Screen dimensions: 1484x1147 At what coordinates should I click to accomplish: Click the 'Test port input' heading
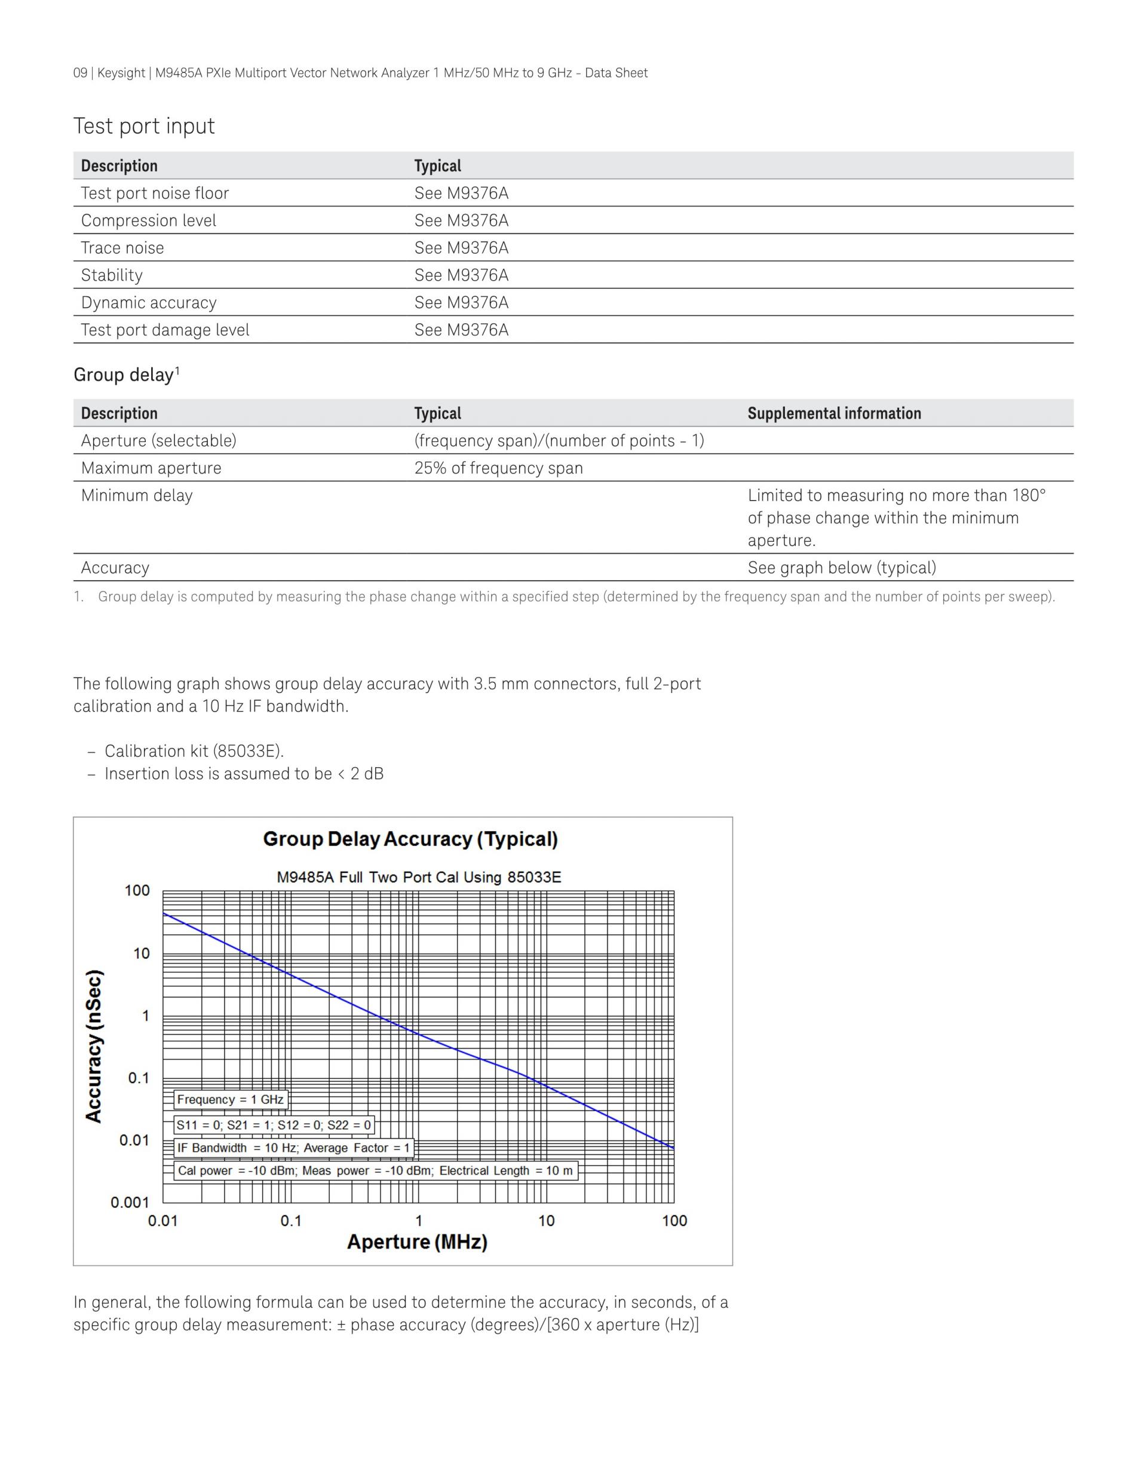coord(144,127)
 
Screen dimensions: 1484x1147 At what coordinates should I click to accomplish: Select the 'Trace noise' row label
coord(122,248)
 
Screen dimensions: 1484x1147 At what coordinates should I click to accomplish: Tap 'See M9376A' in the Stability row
coord(461,275)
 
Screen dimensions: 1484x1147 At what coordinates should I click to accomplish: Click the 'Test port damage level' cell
coord(165,330)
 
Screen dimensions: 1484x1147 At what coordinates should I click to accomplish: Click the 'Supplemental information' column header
coord(834,413)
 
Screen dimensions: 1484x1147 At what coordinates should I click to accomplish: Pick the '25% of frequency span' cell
coord(498,468)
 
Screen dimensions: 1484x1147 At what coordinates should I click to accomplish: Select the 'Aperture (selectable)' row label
coord(158,441)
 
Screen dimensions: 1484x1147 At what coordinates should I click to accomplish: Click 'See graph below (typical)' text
coord(841,568)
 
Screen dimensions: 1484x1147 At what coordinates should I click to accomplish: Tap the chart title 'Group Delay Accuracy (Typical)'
coord(410,839)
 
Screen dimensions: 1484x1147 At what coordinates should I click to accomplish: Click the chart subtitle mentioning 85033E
coord(419,877)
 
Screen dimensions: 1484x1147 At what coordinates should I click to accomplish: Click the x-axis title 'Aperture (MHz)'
coord(417,1242)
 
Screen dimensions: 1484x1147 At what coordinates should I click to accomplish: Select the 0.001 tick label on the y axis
coord(130,1203)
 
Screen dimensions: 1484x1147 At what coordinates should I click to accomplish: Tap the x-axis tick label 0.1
coord(291,1221)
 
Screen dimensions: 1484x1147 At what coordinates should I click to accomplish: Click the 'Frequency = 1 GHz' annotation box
coord(231,1099)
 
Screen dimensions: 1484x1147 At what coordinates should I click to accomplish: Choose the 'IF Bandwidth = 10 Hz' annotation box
coord(293,1148)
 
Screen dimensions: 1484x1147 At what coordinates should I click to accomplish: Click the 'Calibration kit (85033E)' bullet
coord(194,752)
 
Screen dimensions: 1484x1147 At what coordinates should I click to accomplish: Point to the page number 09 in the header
coord(80,73)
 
